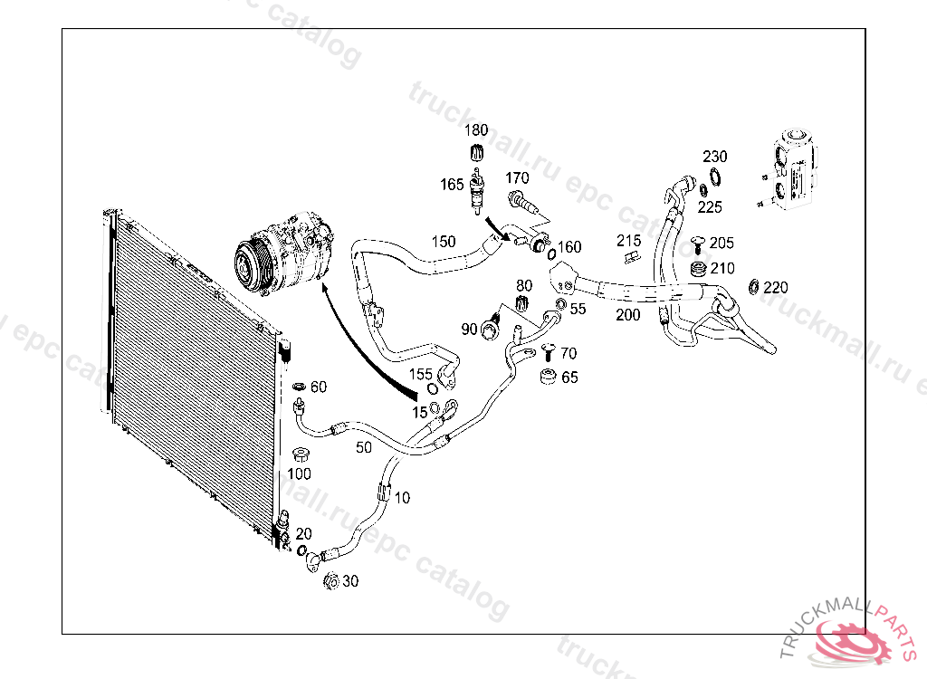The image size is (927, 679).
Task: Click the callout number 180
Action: point(476,130)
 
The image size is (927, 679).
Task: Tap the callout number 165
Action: point(452,185)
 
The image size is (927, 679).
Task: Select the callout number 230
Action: point(715,157)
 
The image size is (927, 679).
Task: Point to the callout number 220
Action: point(776,288)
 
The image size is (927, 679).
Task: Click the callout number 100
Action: point(299,473)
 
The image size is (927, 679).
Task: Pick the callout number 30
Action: point(349,581)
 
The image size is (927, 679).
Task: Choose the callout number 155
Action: point(421,373)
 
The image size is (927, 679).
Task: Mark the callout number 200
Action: point(627,315)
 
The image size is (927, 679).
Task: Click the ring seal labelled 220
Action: point(753,288)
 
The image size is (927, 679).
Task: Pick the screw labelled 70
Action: point(547,352)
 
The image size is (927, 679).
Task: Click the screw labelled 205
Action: point(698,243)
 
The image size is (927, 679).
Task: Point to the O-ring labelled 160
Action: point(551,253)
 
